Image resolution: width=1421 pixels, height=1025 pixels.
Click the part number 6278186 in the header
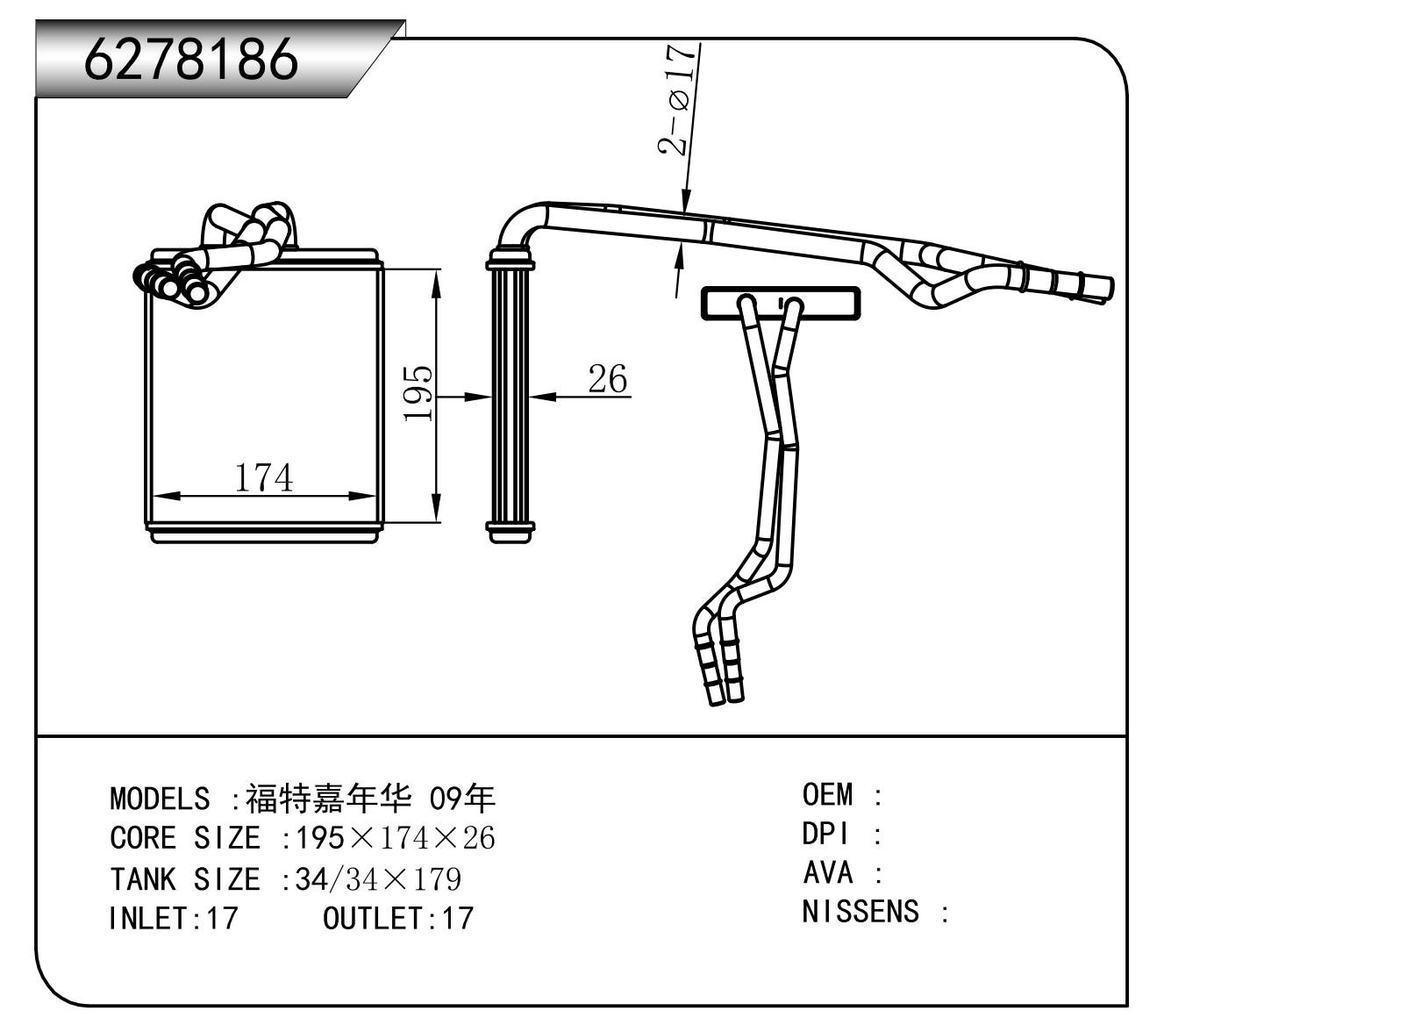(190, 60)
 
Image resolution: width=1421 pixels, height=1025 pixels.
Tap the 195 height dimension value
(418, 393)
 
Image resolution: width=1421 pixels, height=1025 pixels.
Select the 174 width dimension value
(263, 477)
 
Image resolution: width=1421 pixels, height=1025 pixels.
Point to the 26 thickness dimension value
(607, 379)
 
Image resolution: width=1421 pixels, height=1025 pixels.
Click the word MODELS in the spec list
(160, 799)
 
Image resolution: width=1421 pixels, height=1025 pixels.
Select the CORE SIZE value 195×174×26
(395, 839)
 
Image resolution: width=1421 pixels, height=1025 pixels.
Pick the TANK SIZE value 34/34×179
(378, 878)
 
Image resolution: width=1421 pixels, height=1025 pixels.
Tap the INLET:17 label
(173, 919)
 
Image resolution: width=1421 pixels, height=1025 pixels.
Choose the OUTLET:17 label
(398, 919)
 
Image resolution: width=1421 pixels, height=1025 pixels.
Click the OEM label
(827, 795)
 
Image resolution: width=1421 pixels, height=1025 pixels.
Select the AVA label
(827, 872)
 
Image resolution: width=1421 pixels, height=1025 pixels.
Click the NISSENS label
(860, 912)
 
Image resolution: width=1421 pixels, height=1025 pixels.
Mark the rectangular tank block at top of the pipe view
(781, 304)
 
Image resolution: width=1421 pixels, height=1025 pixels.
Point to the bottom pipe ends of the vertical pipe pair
(725, 689)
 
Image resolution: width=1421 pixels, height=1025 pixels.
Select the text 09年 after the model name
(461, 799)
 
